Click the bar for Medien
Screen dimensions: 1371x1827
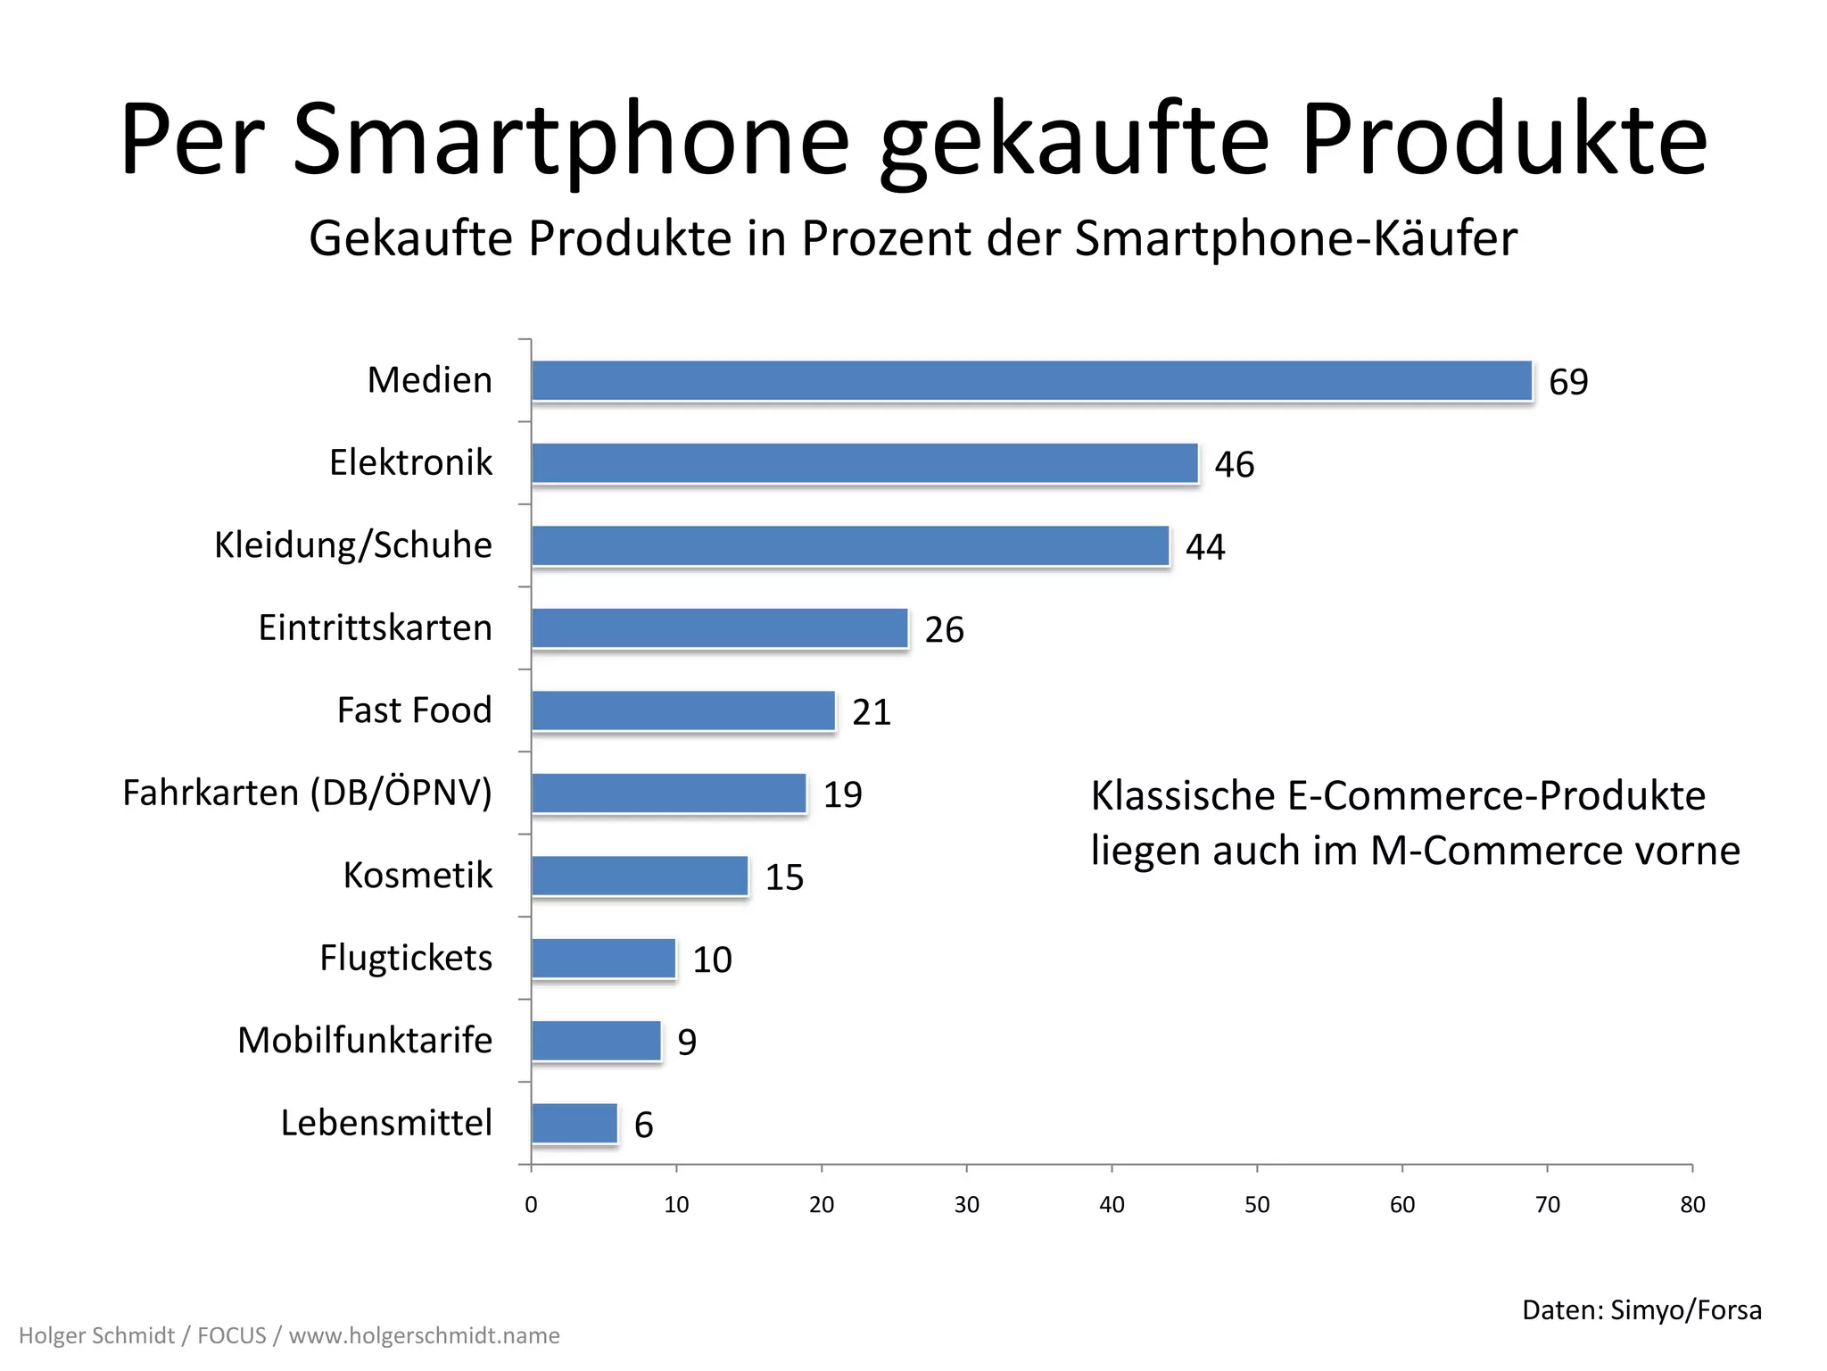click(x=1031, y=381)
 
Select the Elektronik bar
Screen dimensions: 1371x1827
click(x=864, y=463)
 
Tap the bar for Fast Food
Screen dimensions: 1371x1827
click(x=683, y=711)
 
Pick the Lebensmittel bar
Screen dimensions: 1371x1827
click(x=575, y=1124)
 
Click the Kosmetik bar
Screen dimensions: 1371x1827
click(x=640, y=876)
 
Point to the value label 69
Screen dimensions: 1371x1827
click(x=1568, y=382)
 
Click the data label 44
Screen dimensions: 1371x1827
click(x=1205, y=547)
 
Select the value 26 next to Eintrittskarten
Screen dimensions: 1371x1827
click(x=944, y=630)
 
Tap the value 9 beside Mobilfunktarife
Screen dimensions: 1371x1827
click(x=687, y=1043)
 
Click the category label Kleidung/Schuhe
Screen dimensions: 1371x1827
click(x=353, y=545)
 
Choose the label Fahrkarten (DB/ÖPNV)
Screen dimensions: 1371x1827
click(x=307, y=793)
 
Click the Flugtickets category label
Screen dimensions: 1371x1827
click(x=406, y=958)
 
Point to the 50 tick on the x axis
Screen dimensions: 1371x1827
click(x=1257, y=1205)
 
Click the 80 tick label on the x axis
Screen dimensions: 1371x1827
click(x=1692, y=1205)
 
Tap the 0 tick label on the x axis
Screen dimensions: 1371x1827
click(x=531, y=1205)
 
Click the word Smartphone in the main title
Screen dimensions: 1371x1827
click(x=571, y=141)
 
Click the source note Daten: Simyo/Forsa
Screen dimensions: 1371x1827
click(x=1641, y=1309)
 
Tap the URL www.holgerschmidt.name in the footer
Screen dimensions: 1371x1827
click(x=425, y=1336)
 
